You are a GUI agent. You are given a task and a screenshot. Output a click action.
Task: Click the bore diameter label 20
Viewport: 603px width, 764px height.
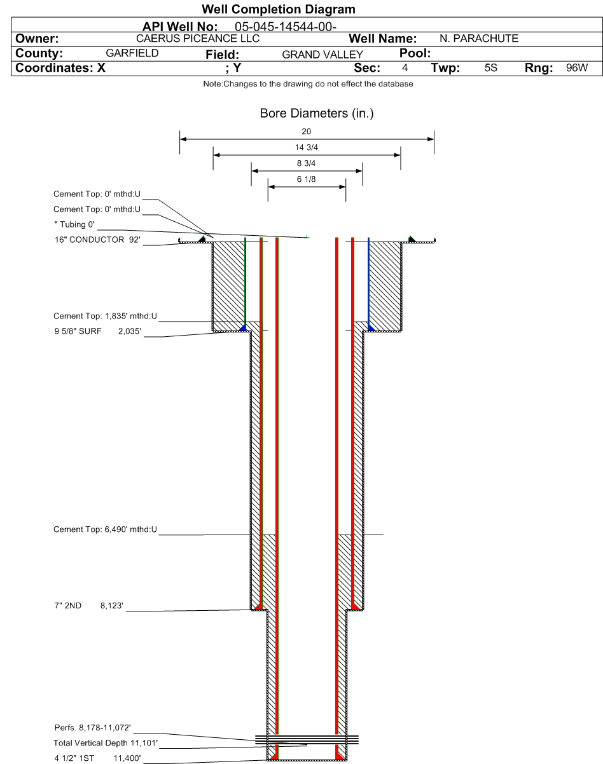tap(306, 132)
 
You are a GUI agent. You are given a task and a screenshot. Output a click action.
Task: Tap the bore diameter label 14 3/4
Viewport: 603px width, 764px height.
tap(306, 147)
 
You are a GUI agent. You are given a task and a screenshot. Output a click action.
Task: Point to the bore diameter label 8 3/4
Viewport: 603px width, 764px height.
tap(306, 163)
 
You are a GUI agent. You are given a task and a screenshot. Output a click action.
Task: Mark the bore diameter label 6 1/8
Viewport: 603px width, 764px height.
tap(306, 180)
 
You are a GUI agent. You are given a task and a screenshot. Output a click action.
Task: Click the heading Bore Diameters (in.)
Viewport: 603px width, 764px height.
tap(307, 114)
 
